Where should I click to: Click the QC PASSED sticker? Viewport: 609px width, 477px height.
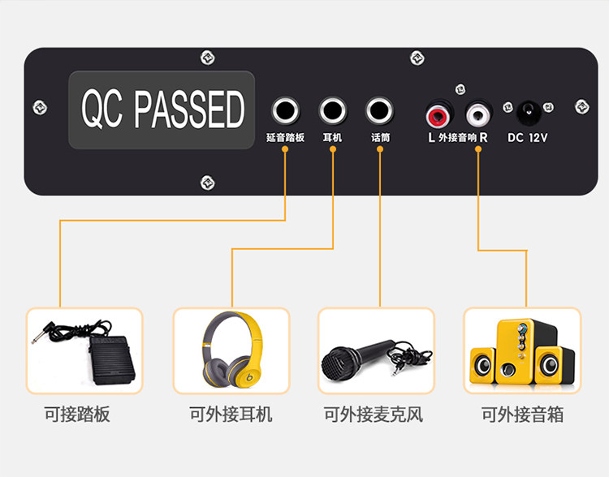click(x=162, y=110)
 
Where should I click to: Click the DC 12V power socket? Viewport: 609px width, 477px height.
click(x=529, y=110)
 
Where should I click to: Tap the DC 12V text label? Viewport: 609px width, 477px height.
click(x=528, y=138)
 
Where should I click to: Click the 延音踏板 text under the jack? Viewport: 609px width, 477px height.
click(x=285, y=138)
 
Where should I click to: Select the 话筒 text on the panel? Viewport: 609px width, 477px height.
click(x=380, y=138)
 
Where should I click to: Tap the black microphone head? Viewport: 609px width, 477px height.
click(x=339, y=363)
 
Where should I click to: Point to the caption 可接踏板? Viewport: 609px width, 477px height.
click(x=77, y=415)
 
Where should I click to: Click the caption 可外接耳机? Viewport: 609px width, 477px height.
click(x=231, y=415)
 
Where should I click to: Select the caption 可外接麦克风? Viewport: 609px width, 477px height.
click(x=374, y=415)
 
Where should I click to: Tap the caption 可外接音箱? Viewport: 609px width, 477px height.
click(x=522, y=415)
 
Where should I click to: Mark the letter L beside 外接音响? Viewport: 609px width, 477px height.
click(x=431, y=138)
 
